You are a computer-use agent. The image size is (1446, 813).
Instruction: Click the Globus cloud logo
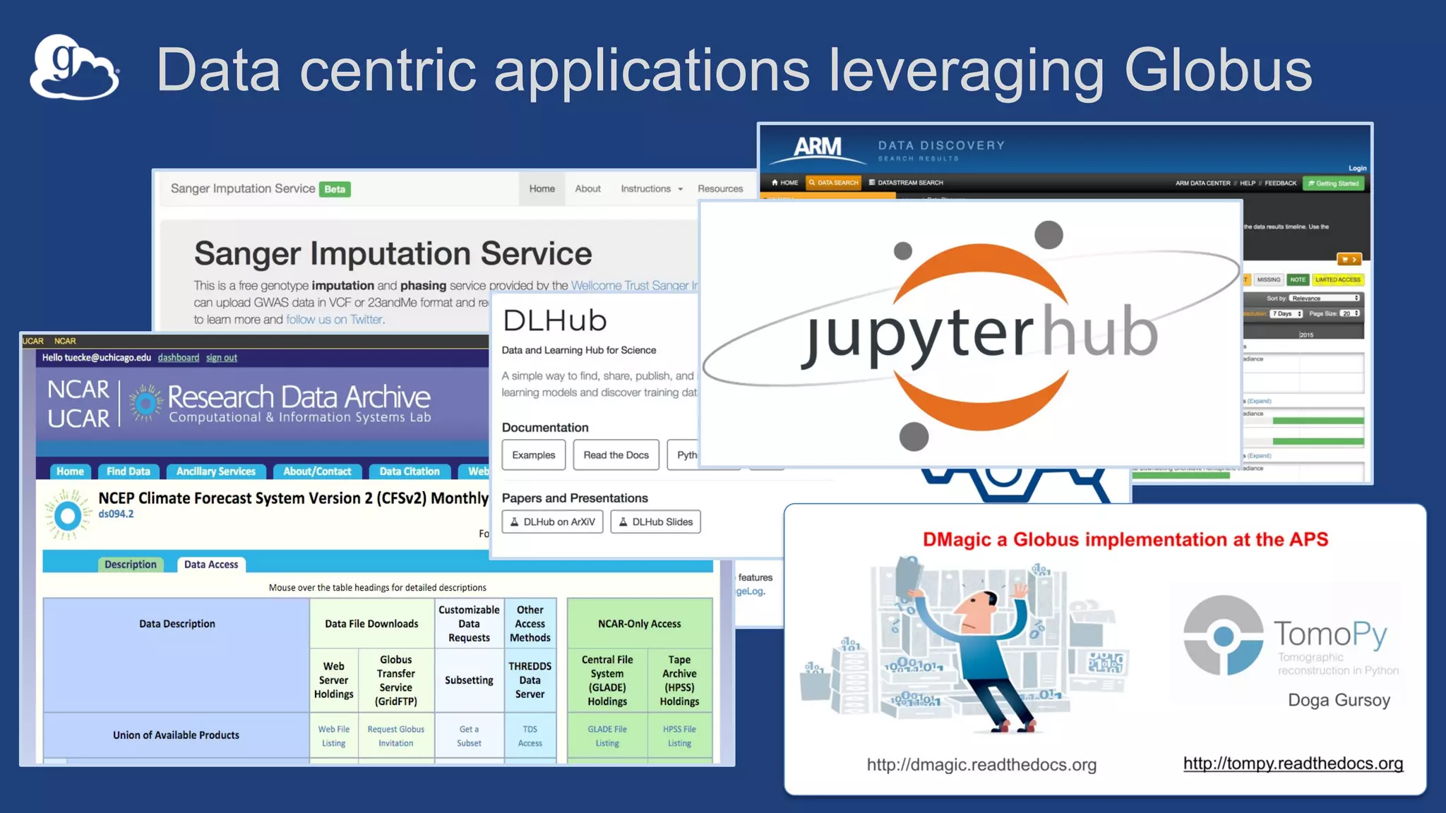(x=74, y=68)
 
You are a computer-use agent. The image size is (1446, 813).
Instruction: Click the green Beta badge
(x=335, y=189)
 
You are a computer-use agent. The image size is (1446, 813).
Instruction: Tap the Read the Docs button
(x=616, y=455)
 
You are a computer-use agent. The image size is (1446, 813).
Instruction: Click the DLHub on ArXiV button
(x=552, y=522)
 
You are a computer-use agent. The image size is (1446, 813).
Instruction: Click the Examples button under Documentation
(x=533, y=455)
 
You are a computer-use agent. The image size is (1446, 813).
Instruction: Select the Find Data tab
(x=129, y=471)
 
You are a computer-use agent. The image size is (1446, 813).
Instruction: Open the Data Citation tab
(x=409, y=471)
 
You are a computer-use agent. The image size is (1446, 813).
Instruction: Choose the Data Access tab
(x=210, y=565)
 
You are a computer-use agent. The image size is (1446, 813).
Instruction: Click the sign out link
(x=221, y=358)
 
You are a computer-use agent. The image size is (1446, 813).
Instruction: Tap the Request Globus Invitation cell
(x=395, y=736)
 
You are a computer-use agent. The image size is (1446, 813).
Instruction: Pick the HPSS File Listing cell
(x=679, y=736)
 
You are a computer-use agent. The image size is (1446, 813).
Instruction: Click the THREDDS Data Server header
(x=530, y=680)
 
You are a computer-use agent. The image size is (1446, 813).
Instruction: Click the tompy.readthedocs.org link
(x=1293, y=764)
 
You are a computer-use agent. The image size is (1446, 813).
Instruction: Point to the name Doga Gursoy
(x=1339, y=700)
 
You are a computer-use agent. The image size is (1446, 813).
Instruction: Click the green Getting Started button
(x=1334, y=183)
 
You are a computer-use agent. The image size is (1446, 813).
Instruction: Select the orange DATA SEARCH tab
(x=833, y=183)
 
